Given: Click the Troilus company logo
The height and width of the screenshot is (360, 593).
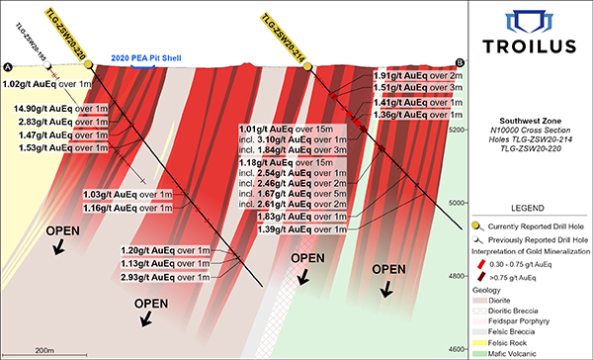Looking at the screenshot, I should (530, 37).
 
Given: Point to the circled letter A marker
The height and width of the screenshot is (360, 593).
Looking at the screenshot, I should (8, 66).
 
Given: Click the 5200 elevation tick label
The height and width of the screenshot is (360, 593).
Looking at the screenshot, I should (457, 130).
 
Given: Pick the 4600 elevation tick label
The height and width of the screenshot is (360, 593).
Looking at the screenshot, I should (457, 349).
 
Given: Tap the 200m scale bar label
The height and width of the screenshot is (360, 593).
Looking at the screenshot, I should (43, 351).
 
